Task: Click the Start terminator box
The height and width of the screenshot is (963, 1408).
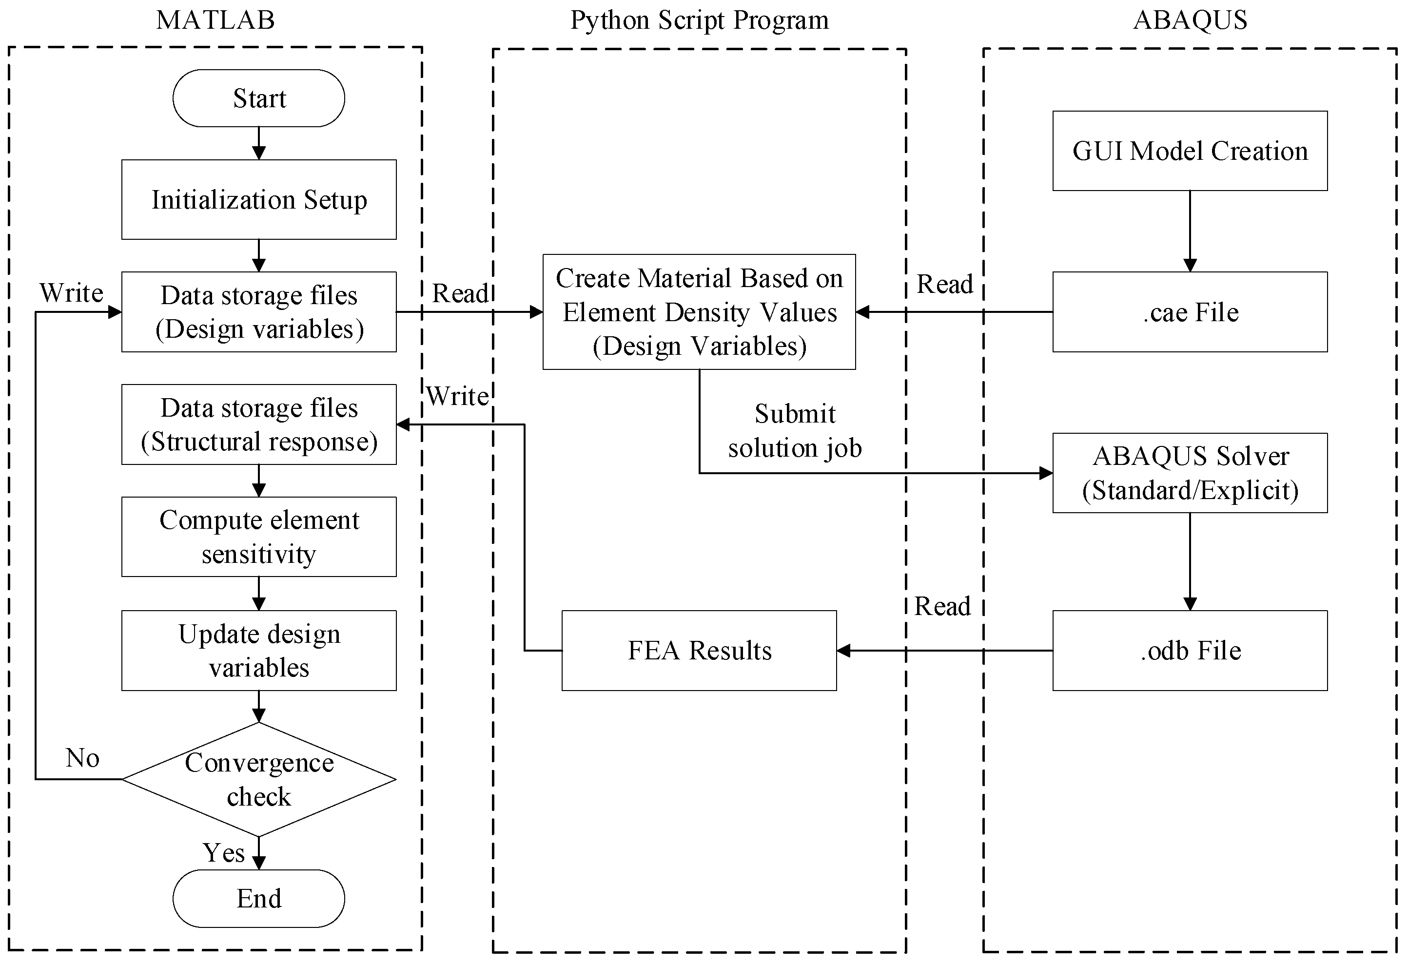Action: point(259,98)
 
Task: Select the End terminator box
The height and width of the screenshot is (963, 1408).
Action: point(259,898)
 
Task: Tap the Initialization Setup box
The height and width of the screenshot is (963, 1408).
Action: point(259,200)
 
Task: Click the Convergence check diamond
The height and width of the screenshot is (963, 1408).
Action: point(259,779)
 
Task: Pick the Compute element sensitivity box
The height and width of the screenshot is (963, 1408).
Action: point(259,537)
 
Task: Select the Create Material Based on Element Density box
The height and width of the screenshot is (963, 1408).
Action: point(699,311)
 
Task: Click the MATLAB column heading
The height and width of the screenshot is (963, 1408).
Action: point(215,20)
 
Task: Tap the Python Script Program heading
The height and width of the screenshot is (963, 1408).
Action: point(699,20)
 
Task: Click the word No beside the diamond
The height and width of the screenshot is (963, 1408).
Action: point(82,758)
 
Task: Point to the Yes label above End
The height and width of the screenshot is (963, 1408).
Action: point(224,853)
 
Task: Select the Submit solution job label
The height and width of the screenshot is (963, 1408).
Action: point(794,431)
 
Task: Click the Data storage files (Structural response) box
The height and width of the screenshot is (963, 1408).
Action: point(259,424)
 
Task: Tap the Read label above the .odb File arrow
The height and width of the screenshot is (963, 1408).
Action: point(942,606)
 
